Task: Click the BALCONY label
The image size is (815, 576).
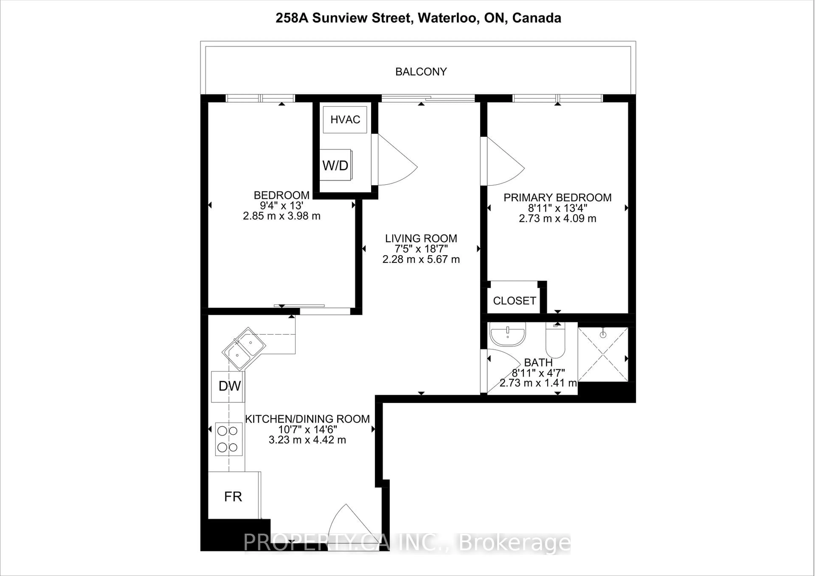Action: point(421,72)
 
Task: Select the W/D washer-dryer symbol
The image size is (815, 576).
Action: point(335,165)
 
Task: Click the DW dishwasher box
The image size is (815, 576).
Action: point(228,386)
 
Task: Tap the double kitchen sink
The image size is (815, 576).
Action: point(243,348)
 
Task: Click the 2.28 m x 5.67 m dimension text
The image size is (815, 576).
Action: point(421,259)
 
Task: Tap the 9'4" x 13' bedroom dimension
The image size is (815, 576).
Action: point(281,205)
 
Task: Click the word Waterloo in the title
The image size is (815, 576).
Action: point(447,18)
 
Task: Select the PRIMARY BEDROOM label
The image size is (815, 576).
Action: point(557,198)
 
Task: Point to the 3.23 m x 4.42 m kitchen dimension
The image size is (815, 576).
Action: point(307,440)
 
